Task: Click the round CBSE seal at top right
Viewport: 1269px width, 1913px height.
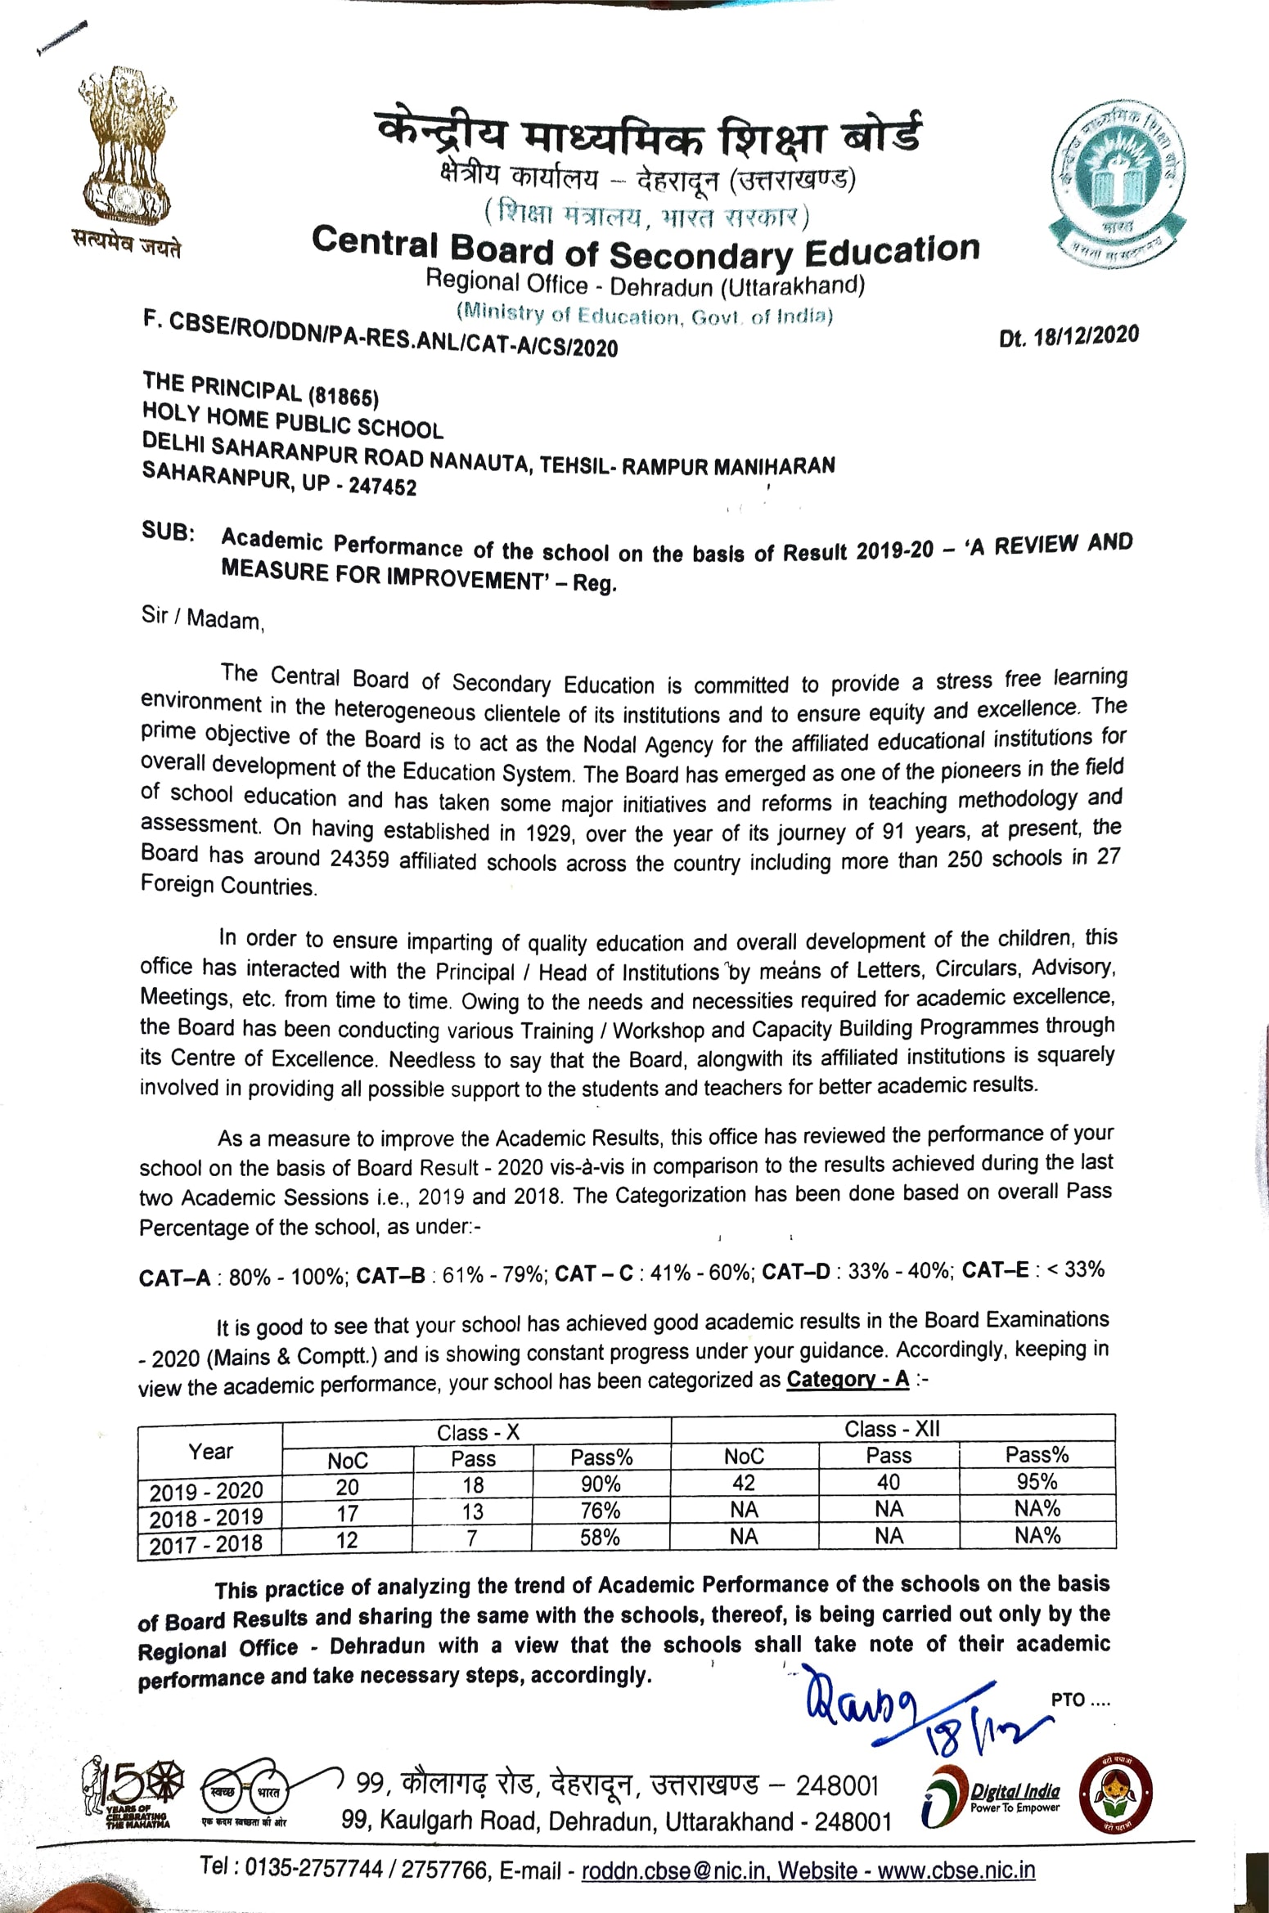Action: [1117, 184]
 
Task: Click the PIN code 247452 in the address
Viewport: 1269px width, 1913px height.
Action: [382, 487]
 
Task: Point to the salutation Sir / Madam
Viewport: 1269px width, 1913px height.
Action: [201, 618]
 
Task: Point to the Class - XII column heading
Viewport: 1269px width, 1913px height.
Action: [892, 1428]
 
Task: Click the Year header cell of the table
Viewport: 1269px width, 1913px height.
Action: [210, 1451]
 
